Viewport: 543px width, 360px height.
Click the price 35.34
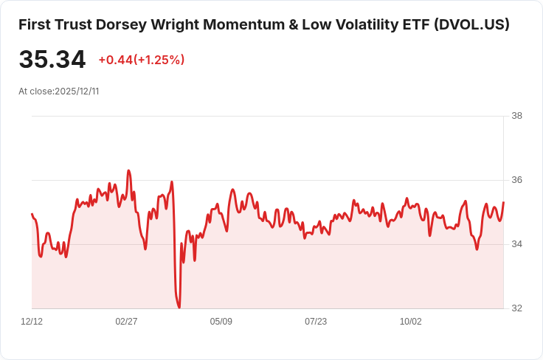click(x=52, y=60)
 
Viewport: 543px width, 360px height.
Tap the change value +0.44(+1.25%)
click(x=141, y=60)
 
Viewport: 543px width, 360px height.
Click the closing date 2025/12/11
click(x=77, y=91)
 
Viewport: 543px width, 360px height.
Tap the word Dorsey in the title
click(x=121, y=24)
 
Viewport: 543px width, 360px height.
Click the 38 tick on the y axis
click(x=516, y=116)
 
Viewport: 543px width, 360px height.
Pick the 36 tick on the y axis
click(x=516, y=180)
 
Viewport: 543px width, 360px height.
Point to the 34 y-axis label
click(x=516, y=244)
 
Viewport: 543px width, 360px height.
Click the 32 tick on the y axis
click(x=516, y=308)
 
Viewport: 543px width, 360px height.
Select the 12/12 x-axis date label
click(x=32, y=322)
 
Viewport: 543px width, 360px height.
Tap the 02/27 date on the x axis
click(x=127, y=322)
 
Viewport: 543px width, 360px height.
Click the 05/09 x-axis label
click(x=221, y=322)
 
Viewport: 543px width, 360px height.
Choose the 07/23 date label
click(x=316, y=322)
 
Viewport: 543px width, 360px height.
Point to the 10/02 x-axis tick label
click(x=410, y=322)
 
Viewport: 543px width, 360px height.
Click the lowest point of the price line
click(x=179, y=307)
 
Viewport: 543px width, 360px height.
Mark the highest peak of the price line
click(x=128, y=170)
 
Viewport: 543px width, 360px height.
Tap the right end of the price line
click(x=503, y=202)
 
